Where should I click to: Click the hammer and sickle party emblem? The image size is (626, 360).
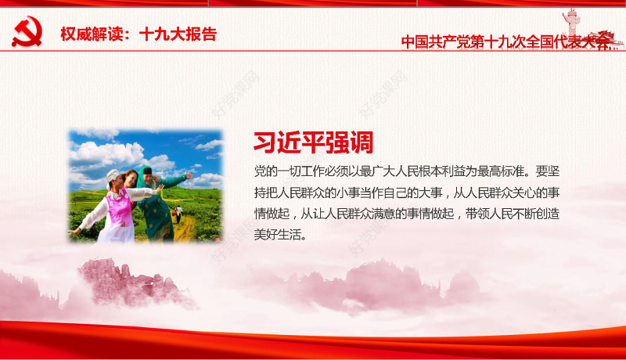click(x=27, y=32)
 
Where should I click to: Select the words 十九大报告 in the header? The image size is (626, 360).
click(x=178, y=34)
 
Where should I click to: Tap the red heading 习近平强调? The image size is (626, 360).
click(x=312, y=142)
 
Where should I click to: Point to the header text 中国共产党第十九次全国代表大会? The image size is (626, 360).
click(x=505, y=42)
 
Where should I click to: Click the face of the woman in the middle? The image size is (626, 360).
click(x=130, y=179)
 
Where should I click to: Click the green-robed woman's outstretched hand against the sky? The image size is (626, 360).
click(x=188, y=175)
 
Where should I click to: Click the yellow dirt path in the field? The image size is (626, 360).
click(x=184, y=228)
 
